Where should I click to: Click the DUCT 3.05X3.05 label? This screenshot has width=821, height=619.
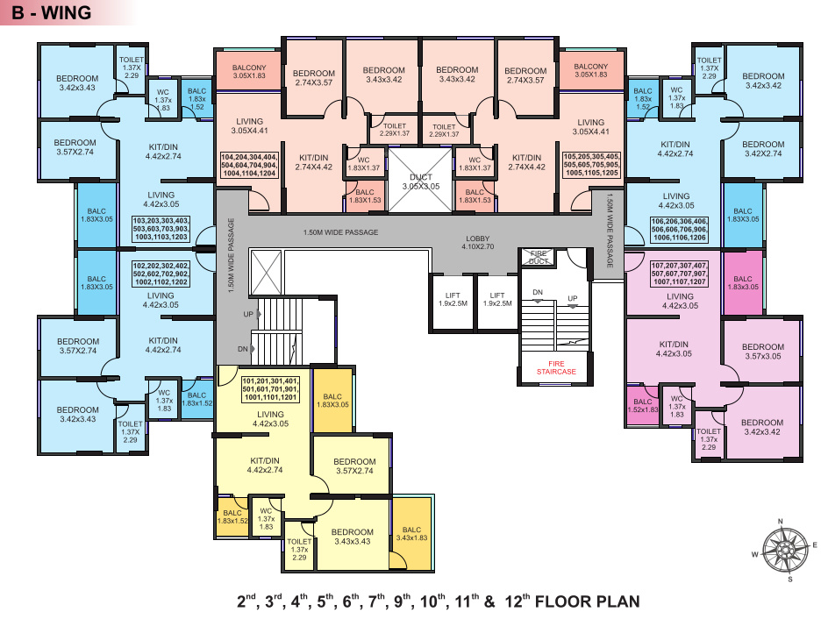[412, 181]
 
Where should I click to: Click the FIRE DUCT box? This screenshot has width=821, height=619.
[538, 257]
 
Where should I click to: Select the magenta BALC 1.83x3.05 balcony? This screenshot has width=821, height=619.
[743, 283]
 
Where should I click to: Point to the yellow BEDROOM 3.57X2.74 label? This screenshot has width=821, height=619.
[354, 466]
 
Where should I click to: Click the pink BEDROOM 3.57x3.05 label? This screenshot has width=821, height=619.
[762, 352]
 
